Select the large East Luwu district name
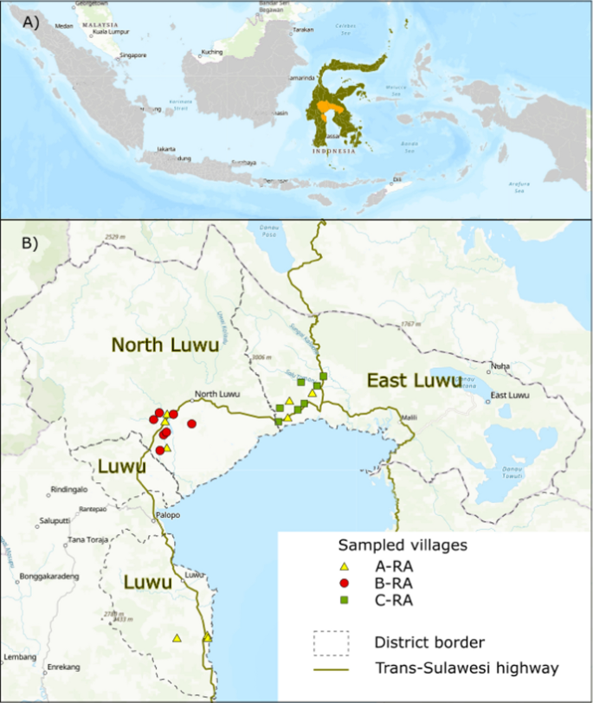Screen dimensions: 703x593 (410, 379)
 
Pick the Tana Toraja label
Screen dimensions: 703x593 (87, 540)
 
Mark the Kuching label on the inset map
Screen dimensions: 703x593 (212, 53)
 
